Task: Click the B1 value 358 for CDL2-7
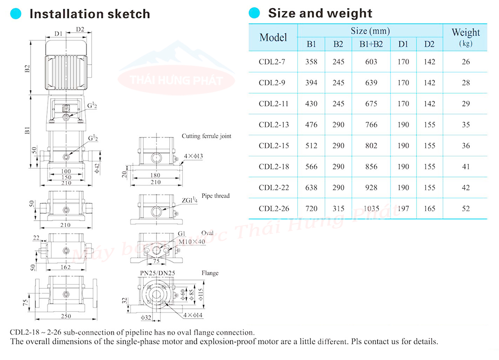click(x=311, y=62)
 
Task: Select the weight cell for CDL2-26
click(x=466, y=209)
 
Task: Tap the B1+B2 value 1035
click(x=371, y=209)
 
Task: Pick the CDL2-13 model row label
click(x=274, y=125)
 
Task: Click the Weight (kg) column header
click(x=466, y=37)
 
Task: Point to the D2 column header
click(x=429, y=44)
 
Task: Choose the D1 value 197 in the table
click(x=403, y=209)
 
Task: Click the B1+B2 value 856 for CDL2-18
click(x=371, y=167)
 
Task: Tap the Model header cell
click(x=273, y=37)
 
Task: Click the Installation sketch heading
click(x=90, y=14)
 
